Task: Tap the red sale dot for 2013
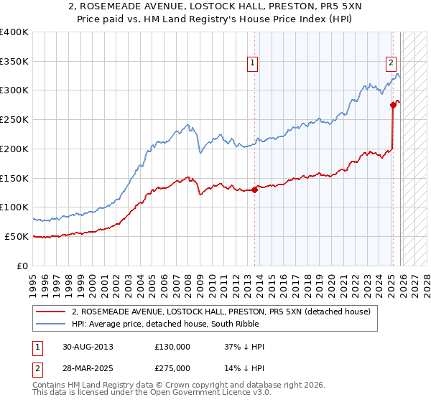click(x=255, y=190)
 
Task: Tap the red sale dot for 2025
click(x=393, y=105)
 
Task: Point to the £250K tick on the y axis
click(x=14, y=120)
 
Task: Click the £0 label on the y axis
click(x=23, y=266)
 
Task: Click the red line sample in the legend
click(x=51, y=312)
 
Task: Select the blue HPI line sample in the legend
click(x=51, y=324)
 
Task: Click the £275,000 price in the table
click(x=172, y=368)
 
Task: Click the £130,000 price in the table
click(x=172, y=347)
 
